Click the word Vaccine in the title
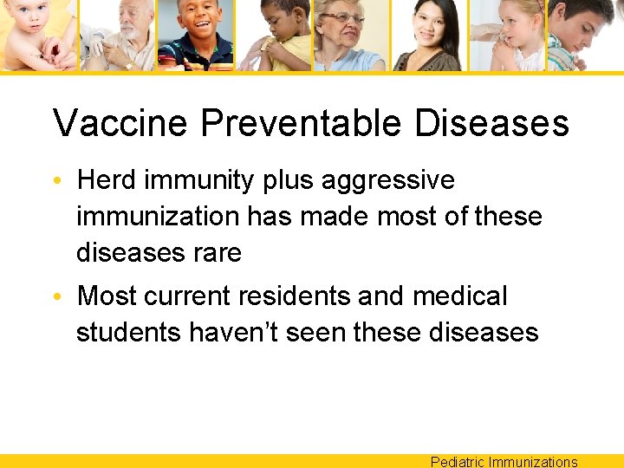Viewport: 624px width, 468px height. tap(119, 123)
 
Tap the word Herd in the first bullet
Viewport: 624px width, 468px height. tap(107, 180)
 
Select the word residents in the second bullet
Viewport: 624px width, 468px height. tap(285, 296)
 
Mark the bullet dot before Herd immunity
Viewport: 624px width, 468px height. tap(57, 182)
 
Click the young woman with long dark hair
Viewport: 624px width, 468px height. tap(426, 33)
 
